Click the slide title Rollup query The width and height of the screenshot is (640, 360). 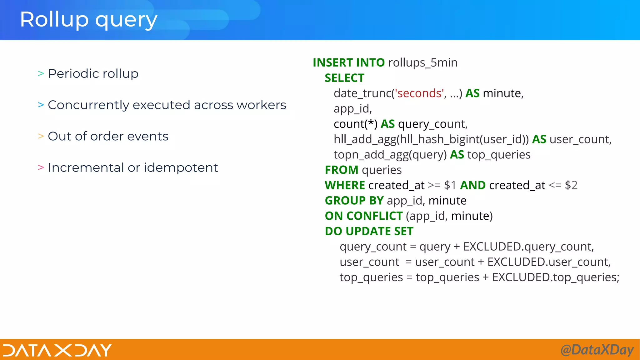click(88, 20)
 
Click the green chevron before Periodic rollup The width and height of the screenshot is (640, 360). click(41, 74)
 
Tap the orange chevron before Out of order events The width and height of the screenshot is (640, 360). click(41, 136)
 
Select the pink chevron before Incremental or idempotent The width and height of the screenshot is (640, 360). click(41, 167)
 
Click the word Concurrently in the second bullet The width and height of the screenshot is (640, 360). click(88, 105)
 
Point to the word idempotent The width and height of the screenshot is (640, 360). click(181, 168)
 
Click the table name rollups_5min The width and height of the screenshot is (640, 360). click(422, 63)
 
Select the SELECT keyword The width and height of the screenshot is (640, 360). click(344, 78)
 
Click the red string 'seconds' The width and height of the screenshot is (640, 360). click(419, 93)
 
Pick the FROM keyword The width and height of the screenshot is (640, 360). click(341, 170)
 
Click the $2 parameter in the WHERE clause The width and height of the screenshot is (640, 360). click(571, 185)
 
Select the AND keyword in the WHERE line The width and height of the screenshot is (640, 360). click(472, 185)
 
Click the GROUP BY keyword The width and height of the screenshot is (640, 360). click(354, 201)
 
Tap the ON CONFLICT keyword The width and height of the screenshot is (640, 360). click(363, 216)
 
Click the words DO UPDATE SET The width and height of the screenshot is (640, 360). click(369, 231)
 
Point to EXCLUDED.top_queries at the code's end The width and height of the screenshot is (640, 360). click(555, 277)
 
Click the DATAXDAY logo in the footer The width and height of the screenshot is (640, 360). click(57, 350)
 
